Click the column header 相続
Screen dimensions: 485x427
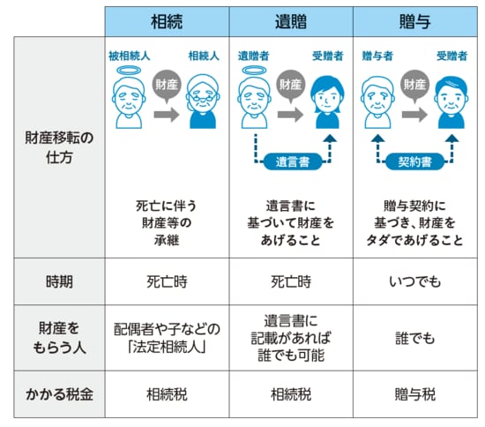(167, 22)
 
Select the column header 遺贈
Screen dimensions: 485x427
(291, 22)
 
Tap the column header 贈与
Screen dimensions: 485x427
(415, 22)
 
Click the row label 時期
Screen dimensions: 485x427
(59, 281)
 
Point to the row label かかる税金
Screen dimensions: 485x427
(59, 394)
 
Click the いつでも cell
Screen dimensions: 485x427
(415, 281)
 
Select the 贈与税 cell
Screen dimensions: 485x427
(415, 394)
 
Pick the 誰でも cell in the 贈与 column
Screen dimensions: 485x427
(415, 338)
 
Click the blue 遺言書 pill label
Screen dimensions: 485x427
(292, 161)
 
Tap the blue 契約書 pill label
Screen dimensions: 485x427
(414, 161)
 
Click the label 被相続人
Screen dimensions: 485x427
(130, 56)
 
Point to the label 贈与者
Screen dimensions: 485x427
(377, 56)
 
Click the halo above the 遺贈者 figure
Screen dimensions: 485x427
(254, 71)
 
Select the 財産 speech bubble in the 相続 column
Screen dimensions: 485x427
(167, 86)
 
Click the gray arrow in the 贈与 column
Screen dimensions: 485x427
(414, 115)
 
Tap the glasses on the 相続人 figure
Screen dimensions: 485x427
(203, 97)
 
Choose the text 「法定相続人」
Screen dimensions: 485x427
(167, 347)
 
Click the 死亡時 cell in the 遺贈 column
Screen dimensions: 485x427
(291, 281)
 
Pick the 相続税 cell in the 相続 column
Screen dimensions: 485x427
(167, 394)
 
